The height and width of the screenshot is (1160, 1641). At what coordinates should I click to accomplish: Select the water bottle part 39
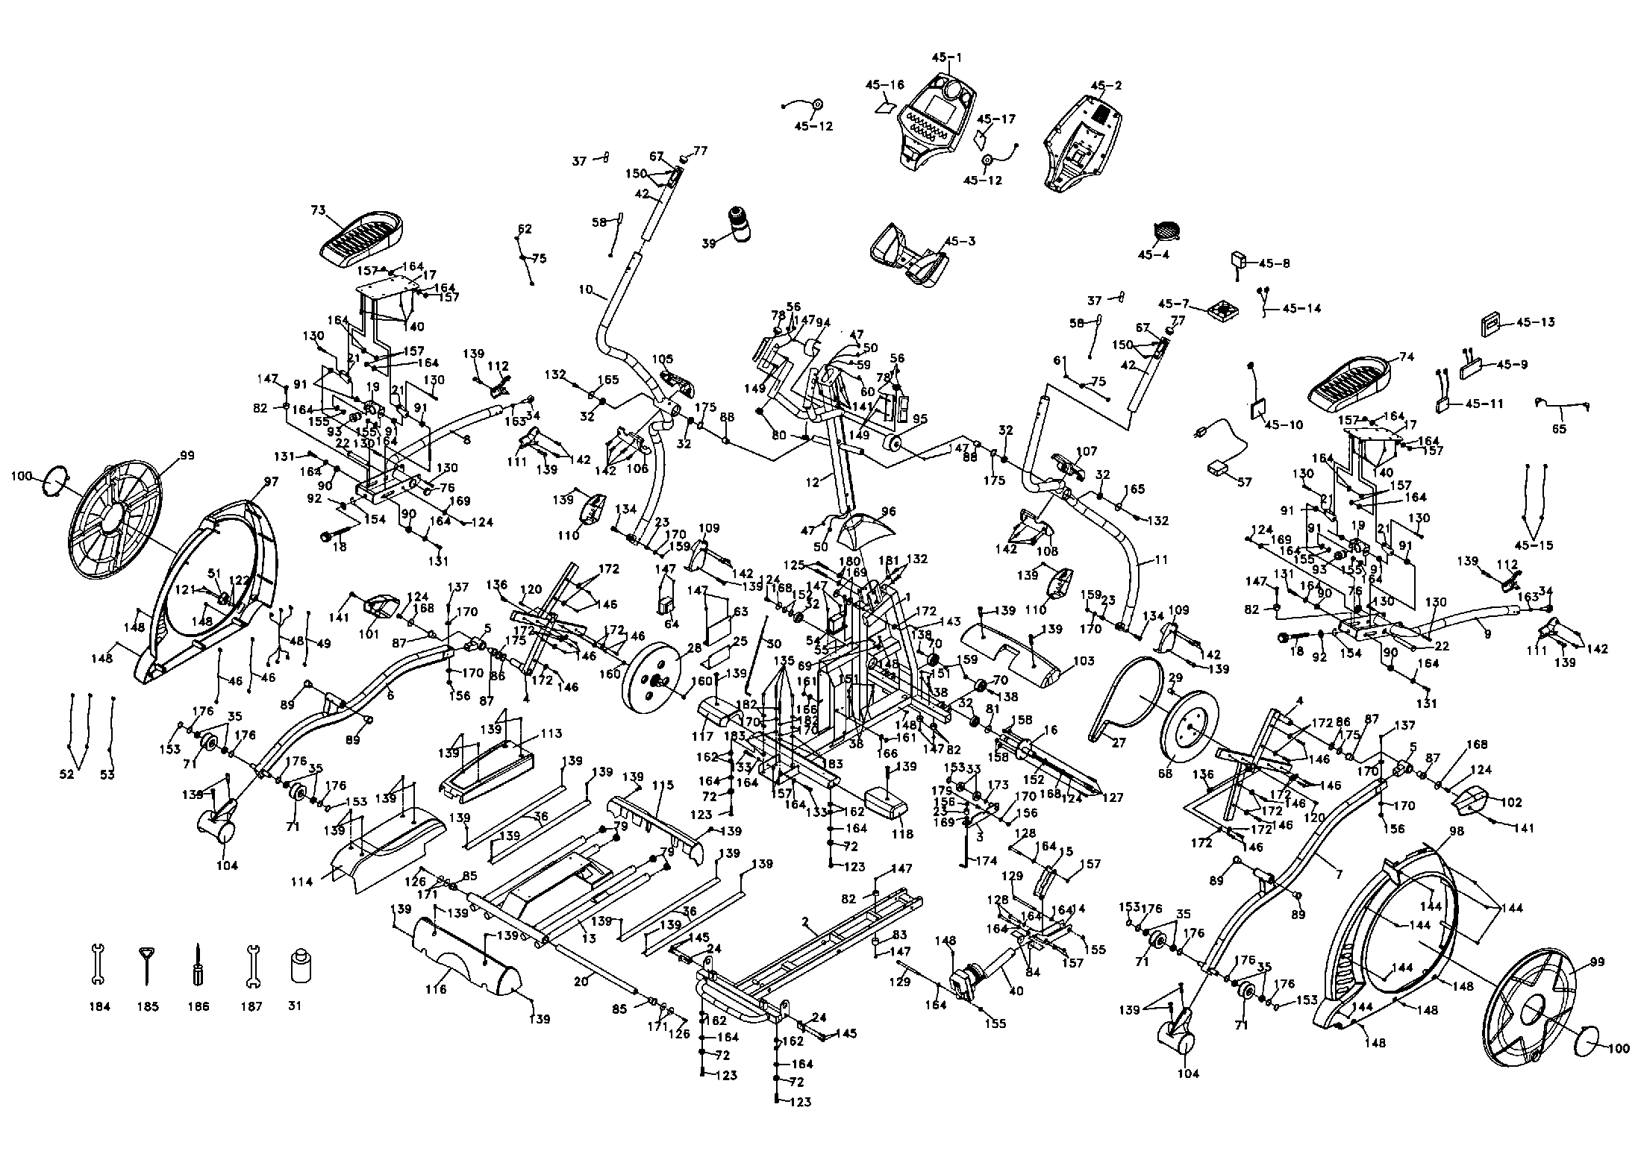739,223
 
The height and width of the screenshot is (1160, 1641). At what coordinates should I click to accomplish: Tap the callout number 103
1083,661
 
